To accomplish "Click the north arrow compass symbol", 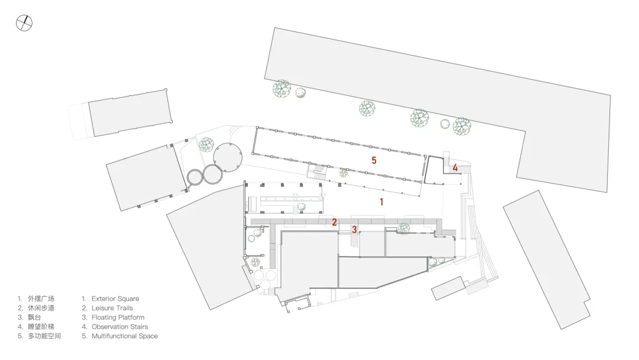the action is click(24, 23).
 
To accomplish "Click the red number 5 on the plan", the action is click(374, 160).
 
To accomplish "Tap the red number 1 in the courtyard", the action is click(382, 202).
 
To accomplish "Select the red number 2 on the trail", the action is click(334, 223).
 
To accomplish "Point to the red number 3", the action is click(354, 230).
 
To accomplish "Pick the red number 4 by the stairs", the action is click(455, 168).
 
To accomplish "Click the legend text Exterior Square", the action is click(115, 299).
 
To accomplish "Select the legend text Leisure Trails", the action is click(112, 308).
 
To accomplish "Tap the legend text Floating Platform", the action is click(118, 317).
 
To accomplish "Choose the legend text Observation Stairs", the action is click(120, 327).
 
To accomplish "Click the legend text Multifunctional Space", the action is click(124, 336).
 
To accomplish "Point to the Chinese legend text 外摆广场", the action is click(41, 299).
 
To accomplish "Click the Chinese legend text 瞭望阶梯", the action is click(41, 327).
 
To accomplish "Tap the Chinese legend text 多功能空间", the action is click(44, 336).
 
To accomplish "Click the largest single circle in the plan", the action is click(227, 157).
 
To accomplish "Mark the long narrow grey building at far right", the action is click(547, 259).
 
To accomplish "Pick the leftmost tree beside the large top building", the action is click(282, 88).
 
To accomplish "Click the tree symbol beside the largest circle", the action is click(206, 144).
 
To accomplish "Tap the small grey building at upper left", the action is click(130, 113).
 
